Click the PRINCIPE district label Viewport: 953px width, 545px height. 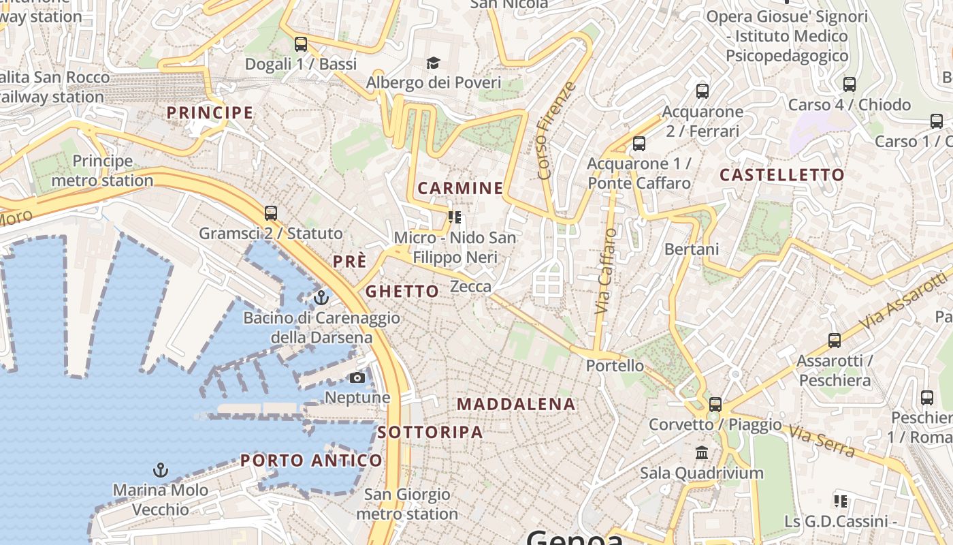pos(210,112)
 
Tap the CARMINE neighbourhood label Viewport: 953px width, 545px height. pos(460,188)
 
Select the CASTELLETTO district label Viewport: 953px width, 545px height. pos(782,175)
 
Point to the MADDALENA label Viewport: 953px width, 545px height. pos(516,404)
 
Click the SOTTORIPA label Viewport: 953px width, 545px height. pos(430,432)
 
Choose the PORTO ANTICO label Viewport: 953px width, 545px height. pos(312,461)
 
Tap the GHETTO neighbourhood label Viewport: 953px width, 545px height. pos(402,292)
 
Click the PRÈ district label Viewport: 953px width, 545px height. pos(350,262)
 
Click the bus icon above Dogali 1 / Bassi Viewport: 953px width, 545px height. pos(301,44)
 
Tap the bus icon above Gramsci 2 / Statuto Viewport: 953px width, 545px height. pos(271,213)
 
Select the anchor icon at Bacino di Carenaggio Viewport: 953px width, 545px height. pos(321,298)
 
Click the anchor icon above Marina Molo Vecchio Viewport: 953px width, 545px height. pos(161,470)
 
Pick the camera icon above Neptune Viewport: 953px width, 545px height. pos(357,377)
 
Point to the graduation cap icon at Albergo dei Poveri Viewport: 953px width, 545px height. pos(434,63)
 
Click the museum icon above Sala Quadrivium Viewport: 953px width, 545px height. pos(702,453)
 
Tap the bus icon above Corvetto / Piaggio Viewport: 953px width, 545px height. pos(715,404)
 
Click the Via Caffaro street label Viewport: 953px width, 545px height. pos(605,271)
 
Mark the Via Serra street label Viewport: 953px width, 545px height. pos(822,441)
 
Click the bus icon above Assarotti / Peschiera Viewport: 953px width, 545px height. pos(835,340)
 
